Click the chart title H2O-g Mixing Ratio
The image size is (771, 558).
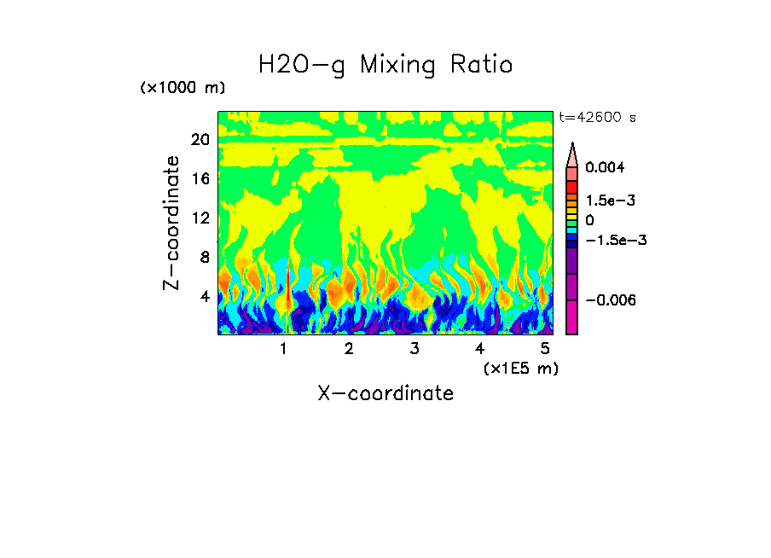(385, 65)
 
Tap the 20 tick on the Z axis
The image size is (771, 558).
(200, 140)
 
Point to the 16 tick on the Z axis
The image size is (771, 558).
(200, 179)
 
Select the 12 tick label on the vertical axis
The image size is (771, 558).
(200, 218)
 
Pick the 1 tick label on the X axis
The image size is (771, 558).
(283, 349)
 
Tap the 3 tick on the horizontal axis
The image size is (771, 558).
(414, 349)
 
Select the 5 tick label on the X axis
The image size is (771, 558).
(544, 349)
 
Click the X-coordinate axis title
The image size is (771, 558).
(385, 393)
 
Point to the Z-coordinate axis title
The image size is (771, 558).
(172, 223)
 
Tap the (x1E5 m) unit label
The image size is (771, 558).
(520, 369)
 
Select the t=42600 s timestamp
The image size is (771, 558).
(597, 118)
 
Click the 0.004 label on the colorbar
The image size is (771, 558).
(605, 168)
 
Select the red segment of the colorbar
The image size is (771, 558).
(572, 187)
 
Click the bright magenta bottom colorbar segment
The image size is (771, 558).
(572, 320)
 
